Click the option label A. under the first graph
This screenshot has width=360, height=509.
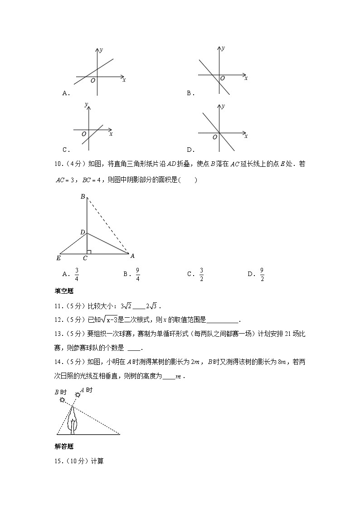[66, 93]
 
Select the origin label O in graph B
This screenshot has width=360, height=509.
[222, 78]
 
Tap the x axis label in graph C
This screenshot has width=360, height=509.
[111, 134]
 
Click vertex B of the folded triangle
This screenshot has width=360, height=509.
[83, 197]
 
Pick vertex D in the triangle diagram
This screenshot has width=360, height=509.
[83, 233]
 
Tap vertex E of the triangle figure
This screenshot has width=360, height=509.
[58, 258]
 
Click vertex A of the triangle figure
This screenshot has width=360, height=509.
[132, 256]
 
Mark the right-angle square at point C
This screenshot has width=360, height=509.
[89, 252]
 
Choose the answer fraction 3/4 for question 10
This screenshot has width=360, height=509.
[77, 274]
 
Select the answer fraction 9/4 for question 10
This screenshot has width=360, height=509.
[137, 274]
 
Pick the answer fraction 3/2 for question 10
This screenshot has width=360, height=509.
[201, 274]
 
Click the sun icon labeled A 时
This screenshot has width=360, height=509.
[77, 395]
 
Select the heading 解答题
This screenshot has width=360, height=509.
[64, 446]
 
